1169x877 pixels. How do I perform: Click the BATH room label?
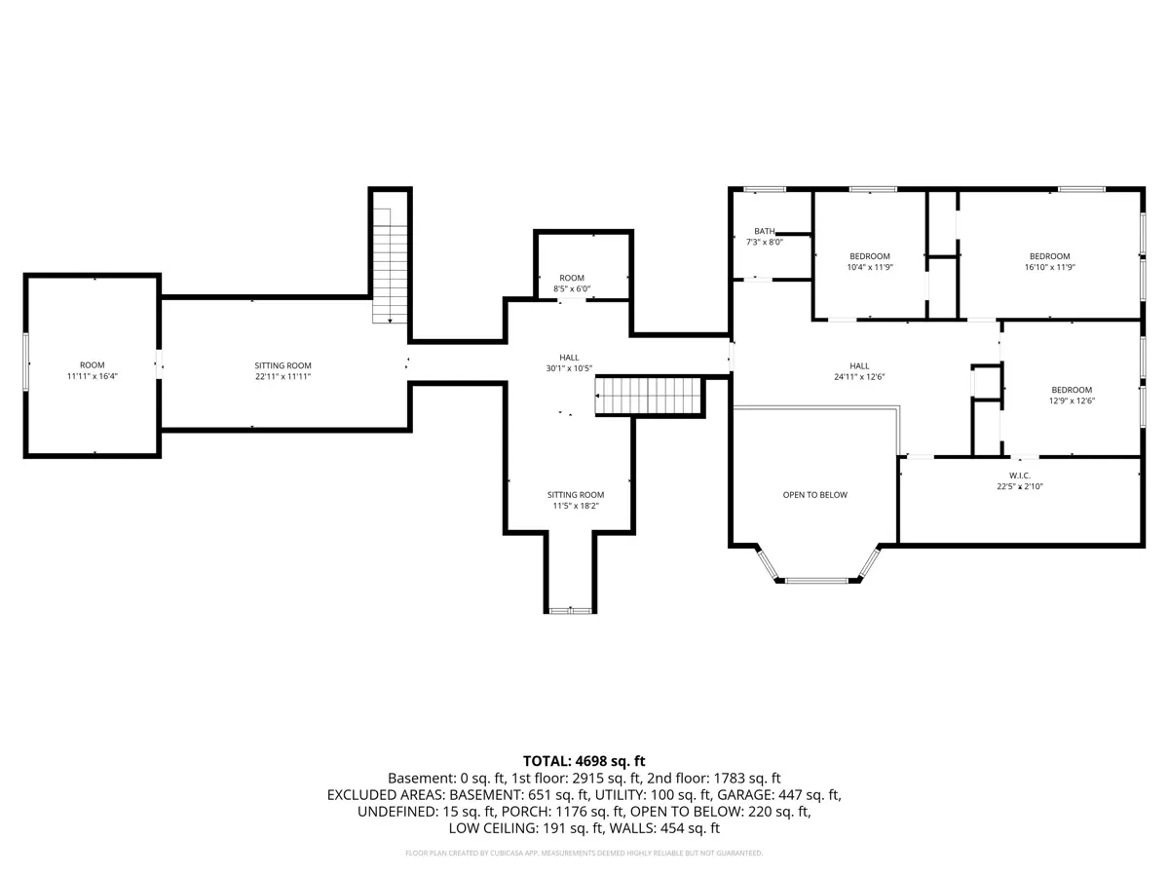click(x=765, y=231)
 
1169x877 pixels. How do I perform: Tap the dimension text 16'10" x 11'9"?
click(x=1050, y=267)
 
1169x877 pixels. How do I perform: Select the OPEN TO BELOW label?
click(x=814, y=495)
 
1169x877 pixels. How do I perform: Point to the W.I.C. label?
click(x=1019, y=476)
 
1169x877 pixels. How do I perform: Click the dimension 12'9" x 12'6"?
click(x=1072, y=400)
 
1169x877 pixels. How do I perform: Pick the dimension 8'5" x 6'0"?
click(x=572, y=289)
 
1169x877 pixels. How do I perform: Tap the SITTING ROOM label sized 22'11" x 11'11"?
click(x=283, y=365)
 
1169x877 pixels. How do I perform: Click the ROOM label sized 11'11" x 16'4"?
click(x=93, y=365)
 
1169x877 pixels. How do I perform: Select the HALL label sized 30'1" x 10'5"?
click(x=569, y=358)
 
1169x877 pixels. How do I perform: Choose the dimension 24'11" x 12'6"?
click(x=859, y=377)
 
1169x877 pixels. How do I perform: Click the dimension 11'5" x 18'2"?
click(x=576, y=506)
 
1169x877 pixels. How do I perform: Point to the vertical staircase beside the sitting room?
click(x=390, y=266)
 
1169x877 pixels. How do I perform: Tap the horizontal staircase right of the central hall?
click(x=648, y=396)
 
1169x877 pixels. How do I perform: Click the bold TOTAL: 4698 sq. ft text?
click(x=584, y=761)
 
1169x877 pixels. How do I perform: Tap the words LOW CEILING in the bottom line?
click(x=493, y=828)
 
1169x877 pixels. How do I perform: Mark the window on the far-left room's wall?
click(x=25, y=362)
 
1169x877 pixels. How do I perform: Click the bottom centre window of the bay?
click(x=816, y=581)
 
